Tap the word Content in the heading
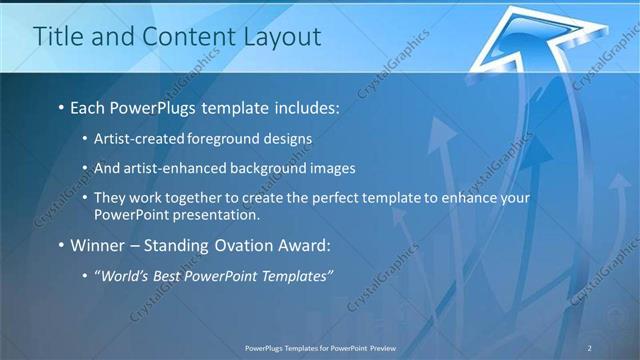click(x=178, y=37)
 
